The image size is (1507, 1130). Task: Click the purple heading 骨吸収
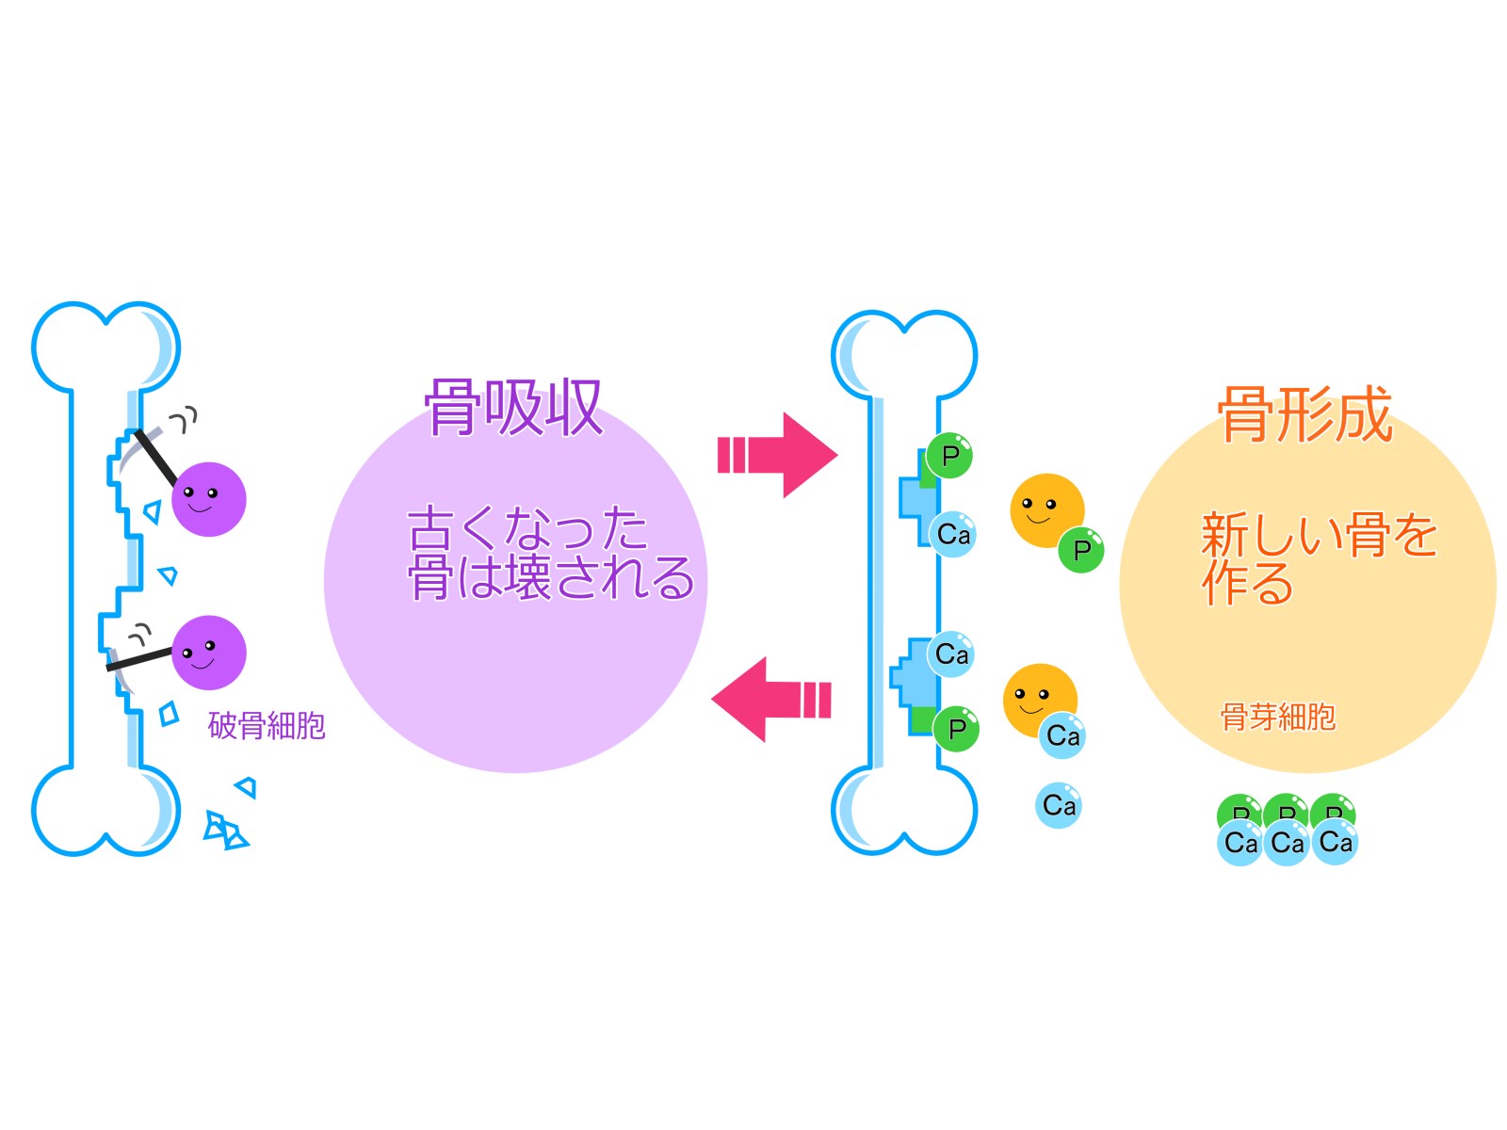click(x=513, y=409)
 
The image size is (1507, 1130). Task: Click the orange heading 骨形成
click(x=1304, y=414)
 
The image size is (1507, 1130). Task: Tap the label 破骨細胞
click(x=267, y=726)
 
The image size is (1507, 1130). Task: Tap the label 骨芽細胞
click(x=1277, y=718)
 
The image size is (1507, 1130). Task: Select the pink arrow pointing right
click(x=777, y=455)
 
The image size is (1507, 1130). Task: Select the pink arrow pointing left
click(x=771, y=700)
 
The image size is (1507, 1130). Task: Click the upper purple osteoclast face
click(x=208, y=499)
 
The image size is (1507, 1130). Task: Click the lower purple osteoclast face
click(x=208, y=653)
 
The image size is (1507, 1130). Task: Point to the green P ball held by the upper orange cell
click(x=1080, y=550)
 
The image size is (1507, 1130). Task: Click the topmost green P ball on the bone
click(x=949, y=457)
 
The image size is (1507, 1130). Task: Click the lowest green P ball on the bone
click(x=956, y=729)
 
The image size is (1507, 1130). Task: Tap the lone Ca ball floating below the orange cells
click(x=1059, y=806)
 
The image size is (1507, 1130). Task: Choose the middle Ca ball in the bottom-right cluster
click(x=1288, y=842)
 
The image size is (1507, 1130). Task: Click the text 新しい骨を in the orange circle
click(x=1319, y=535)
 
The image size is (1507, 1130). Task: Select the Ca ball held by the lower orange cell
click(x=1062, y=735)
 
